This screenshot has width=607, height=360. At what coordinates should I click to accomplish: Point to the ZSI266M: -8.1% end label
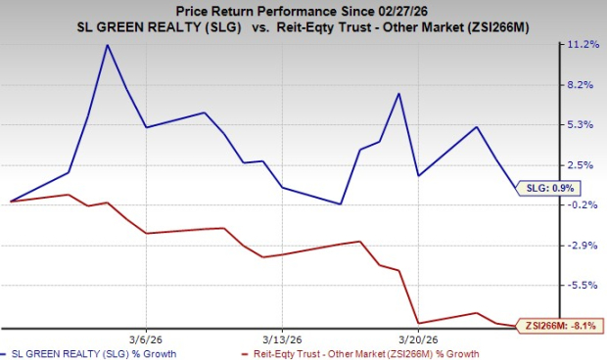tap(561, 325)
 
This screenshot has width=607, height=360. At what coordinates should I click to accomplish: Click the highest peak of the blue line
tap(108, 45)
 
